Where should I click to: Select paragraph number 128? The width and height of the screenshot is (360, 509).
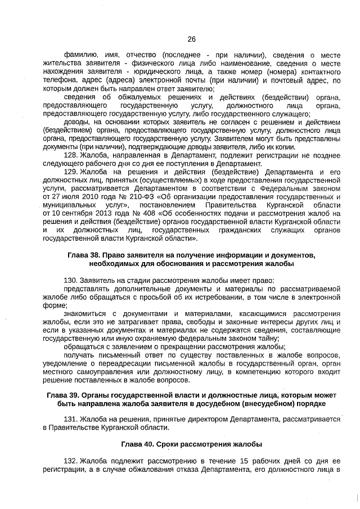(x=72, y=154)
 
